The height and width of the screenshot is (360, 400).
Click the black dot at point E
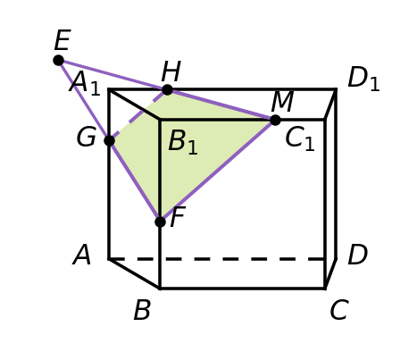pyautogui.click(x=59, y=61)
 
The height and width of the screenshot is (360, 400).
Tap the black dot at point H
pyautogui.click(x=167, y=89)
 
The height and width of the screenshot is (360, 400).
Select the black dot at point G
pyautogui.click(x=110, y=140)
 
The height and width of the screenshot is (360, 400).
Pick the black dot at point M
pyautogui.click(x=275, y=120)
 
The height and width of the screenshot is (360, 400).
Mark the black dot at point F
pyautogui.click(x=160, y=222)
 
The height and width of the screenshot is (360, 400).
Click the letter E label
pyautogui.click(x=62, y=40)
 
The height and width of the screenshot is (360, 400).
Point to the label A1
pyautogui.click(x=85, y=83)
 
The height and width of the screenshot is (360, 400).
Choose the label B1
pyautogui.click(x=183, y=142)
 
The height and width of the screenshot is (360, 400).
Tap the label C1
pyautogui.click(x=300, y=139)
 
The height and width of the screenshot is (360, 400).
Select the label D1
pyautogui.click(x=363, y=79)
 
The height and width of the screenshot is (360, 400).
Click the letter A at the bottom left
pyautogui.click(x=82, y=255)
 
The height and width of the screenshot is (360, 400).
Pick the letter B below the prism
pyautogui.click(x=142, y=310)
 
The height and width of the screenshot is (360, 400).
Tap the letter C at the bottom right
pyautogui.click(x=339, y=310)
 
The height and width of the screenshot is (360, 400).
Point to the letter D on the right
pyautogui.click(x=358, y=255)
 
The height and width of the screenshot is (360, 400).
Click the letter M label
pyautogui.click(x=283, y=101)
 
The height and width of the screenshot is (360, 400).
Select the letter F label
pyautogui.click(x=178, y=217)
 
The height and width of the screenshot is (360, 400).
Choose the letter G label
pyautogui.click(x=87, y=137)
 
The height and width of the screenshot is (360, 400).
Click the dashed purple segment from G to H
pyautogui.click(x=138, y=115)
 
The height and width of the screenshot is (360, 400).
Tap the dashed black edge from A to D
pyautogui.click(x=217, y=259)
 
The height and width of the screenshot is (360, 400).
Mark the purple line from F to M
pyautogui.click(x=218, y=171)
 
